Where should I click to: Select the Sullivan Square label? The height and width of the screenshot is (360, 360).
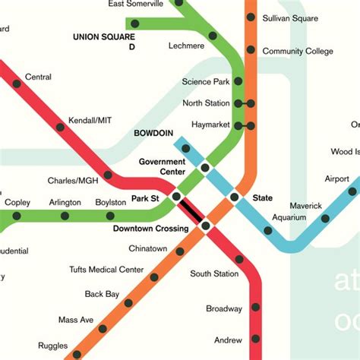[x=290, y=17]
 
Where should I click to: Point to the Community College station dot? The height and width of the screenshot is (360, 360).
[x=251, y=52]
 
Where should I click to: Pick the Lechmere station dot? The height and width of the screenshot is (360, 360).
[x=213, y=36]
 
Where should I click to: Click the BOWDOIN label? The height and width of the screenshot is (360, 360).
[x=154, y=133]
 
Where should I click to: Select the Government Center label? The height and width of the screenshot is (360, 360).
[x=162, y=166]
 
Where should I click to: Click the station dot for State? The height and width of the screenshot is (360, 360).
[x=234, y=197]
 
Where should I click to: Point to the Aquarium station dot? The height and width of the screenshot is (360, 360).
[x=267, y=230]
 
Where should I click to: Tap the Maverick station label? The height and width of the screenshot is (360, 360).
[x=305, y=206]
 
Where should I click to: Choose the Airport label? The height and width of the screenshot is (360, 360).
[x=337, y=179]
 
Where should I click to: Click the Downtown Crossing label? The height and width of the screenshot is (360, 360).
[x=150, y=229]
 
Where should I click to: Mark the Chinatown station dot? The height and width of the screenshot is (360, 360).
[x=179, y=251]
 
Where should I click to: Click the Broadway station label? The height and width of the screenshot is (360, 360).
[x=224, y=309]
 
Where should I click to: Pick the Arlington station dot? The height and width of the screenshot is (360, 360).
[x=65, y=216]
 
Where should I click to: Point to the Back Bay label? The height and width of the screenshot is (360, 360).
[x=103, y=294]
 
